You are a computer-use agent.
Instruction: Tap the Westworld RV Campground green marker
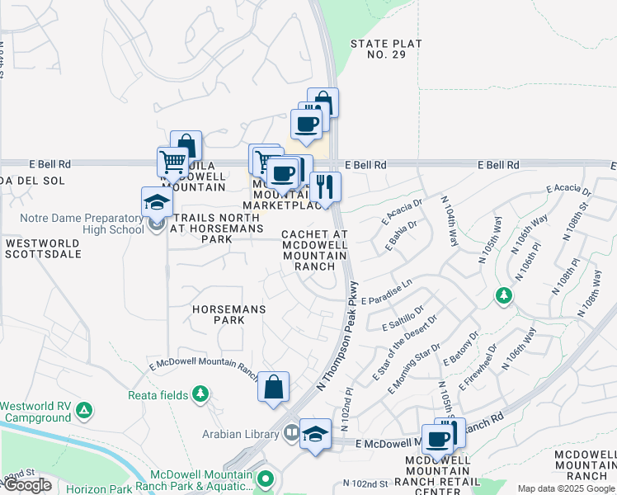point(84,410)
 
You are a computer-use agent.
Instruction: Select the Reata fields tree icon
point(200,395)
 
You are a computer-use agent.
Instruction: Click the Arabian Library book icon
point(291,433)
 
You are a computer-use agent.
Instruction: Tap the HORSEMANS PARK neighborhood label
point(218,313)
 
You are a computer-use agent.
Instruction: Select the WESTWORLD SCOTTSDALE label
point(43,248)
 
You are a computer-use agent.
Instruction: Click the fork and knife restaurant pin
point(325,187)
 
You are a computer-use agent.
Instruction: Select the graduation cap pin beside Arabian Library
point(315,434)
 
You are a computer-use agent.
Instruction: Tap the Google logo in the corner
point(27,485)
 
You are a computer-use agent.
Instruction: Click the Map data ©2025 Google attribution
point(566,489)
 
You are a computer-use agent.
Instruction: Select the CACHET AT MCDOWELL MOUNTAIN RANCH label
point(314,250)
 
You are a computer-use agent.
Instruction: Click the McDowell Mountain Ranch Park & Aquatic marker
point(265,478)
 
